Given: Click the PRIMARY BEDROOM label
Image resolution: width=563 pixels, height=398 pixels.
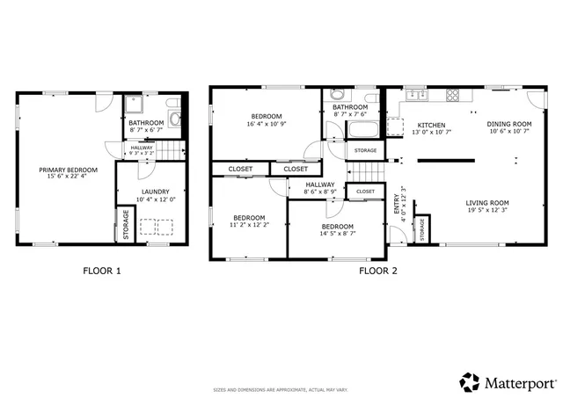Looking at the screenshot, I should pyautogui.click(x=68, y=170).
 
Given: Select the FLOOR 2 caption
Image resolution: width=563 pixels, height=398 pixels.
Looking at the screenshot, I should pyautogui.click(x=377, y=271).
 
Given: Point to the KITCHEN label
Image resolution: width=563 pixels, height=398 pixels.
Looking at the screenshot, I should pyautogui.click(x=431, y=125).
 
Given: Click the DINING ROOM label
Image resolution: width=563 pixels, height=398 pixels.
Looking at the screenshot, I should pyautogui.click(x=509, y=124).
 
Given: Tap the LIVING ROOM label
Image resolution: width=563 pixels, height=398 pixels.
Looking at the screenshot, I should pyautogui.click(x=487, y=203).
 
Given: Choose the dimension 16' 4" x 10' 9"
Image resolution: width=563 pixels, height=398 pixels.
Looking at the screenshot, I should pyautogui.click(x=266, y=125).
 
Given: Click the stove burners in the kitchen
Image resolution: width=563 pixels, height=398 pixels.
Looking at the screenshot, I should pyautogui.click(x=454, y=95).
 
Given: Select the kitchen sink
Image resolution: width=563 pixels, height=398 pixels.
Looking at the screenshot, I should pyautogui.click(x=414, y=95).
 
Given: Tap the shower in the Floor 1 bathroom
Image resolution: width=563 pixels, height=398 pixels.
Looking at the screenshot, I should pyautogui.click(x=135, y=105).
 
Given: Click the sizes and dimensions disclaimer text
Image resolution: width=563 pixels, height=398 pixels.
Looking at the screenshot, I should pyautogui.click(x=281, y=389).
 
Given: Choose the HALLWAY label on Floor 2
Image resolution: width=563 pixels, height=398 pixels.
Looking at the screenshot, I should pyautogui.click(x=319, y=185).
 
